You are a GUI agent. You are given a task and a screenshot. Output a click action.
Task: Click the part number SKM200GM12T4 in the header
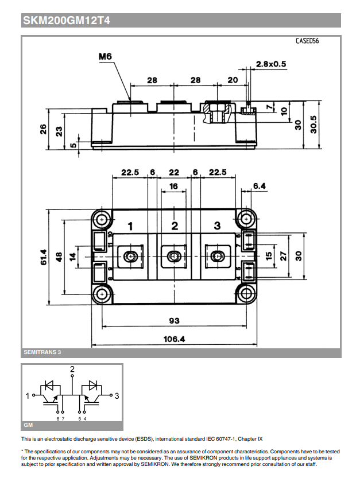(67, 21)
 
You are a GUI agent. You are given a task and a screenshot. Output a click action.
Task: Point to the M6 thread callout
(104, 56)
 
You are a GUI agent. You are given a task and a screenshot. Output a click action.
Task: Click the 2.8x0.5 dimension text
(271, 64)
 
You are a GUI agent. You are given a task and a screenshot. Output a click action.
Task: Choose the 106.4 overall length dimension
(174, 339)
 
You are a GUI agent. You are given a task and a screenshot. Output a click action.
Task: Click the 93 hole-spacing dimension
(174, 320)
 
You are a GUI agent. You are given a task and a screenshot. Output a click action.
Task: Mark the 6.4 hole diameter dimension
(260, 186)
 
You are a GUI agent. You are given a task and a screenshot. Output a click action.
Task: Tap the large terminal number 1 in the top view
(130, 226)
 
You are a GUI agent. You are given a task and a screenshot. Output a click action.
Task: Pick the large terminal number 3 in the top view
(217, 226)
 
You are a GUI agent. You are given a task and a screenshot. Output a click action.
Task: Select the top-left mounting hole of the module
(102, 219)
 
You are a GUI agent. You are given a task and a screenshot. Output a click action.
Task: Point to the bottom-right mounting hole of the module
(246, 294)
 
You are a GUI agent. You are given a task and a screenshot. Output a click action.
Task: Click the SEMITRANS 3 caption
(42, 352)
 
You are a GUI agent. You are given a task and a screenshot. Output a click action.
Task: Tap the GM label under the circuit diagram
(29, 426)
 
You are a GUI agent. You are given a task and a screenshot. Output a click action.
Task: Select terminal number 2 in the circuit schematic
(72, 368)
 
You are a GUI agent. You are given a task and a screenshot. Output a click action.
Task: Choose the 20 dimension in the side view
(232, 81)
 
